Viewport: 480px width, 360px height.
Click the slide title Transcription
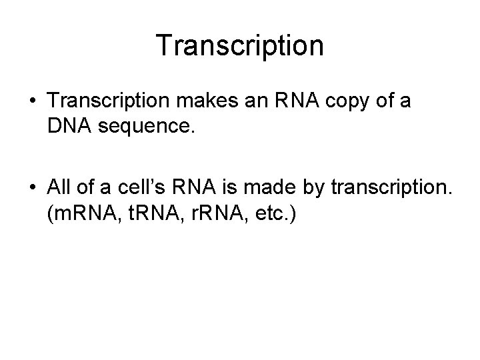[240, 45]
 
